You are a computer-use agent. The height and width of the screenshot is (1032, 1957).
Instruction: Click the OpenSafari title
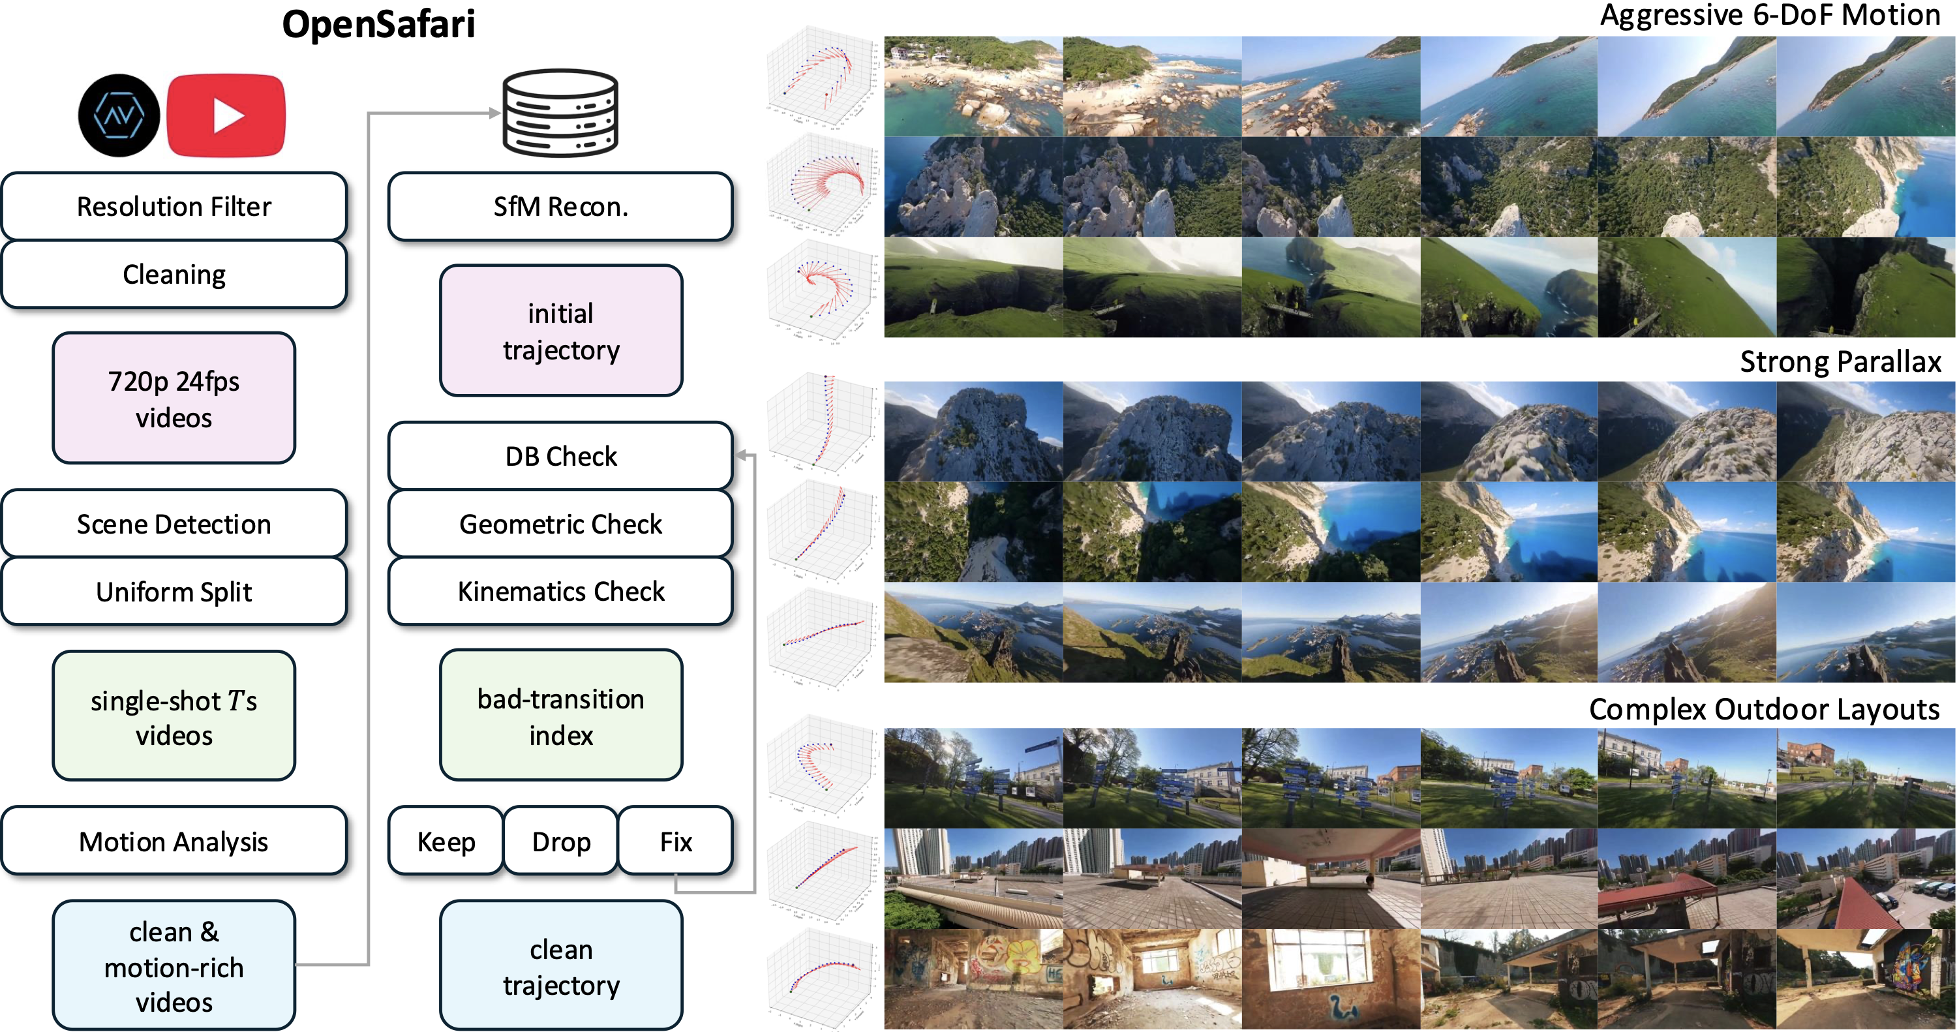click(378, 24)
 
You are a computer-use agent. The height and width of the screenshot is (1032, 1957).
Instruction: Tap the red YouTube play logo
click(226, 115)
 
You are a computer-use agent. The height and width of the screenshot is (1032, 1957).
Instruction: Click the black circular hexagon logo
click(119, 115)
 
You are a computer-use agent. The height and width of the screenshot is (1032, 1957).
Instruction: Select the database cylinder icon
click(560, 114)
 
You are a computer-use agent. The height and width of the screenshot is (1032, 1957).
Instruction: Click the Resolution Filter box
click(174, 207)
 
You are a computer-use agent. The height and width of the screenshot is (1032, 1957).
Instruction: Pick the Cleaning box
click(174, 275)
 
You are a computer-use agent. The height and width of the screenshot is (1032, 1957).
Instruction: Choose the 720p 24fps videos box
click(174, 398)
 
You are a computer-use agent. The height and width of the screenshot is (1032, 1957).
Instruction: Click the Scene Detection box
click(174, 524)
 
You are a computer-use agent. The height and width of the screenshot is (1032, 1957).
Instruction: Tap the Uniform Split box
click(174, 591)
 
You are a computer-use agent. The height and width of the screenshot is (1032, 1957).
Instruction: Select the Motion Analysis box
click(174, 842)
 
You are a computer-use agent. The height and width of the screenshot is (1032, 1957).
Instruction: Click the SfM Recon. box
click(560, 207)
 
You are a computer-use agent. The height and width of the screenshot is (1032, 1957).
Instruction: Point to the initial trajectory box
click(560, 331)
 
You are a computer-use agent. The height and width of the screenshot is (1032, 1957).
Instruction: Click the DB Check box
click(560, 456)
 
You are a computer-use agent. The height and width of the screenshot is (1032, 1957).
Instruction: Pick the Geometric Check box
click(560, 524)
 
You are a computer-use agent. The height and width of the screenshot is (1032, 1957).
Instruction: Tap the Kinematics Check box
click(560, 591)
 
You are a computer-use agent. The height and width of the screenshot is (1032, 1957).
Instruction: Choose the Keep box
click(446, 842)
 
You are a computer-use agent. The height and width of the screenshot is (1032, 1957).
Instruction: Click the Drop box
click(560, 842)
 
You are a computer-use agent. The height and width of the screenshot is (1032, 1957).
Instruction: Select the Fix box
click(675, 842)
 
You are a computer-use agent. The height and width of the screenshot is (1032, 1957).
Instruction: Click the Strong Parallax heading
click(1840, 362)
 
